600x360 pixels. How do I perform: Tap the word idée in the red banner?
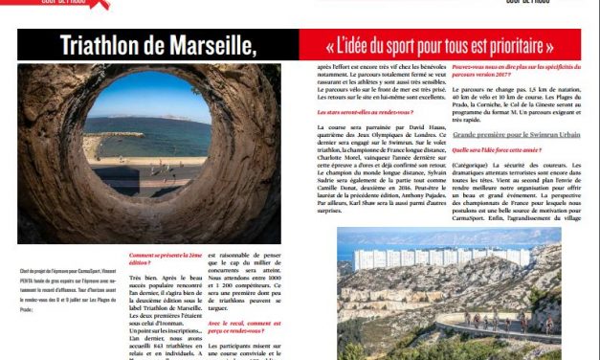tap(368, 45)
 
